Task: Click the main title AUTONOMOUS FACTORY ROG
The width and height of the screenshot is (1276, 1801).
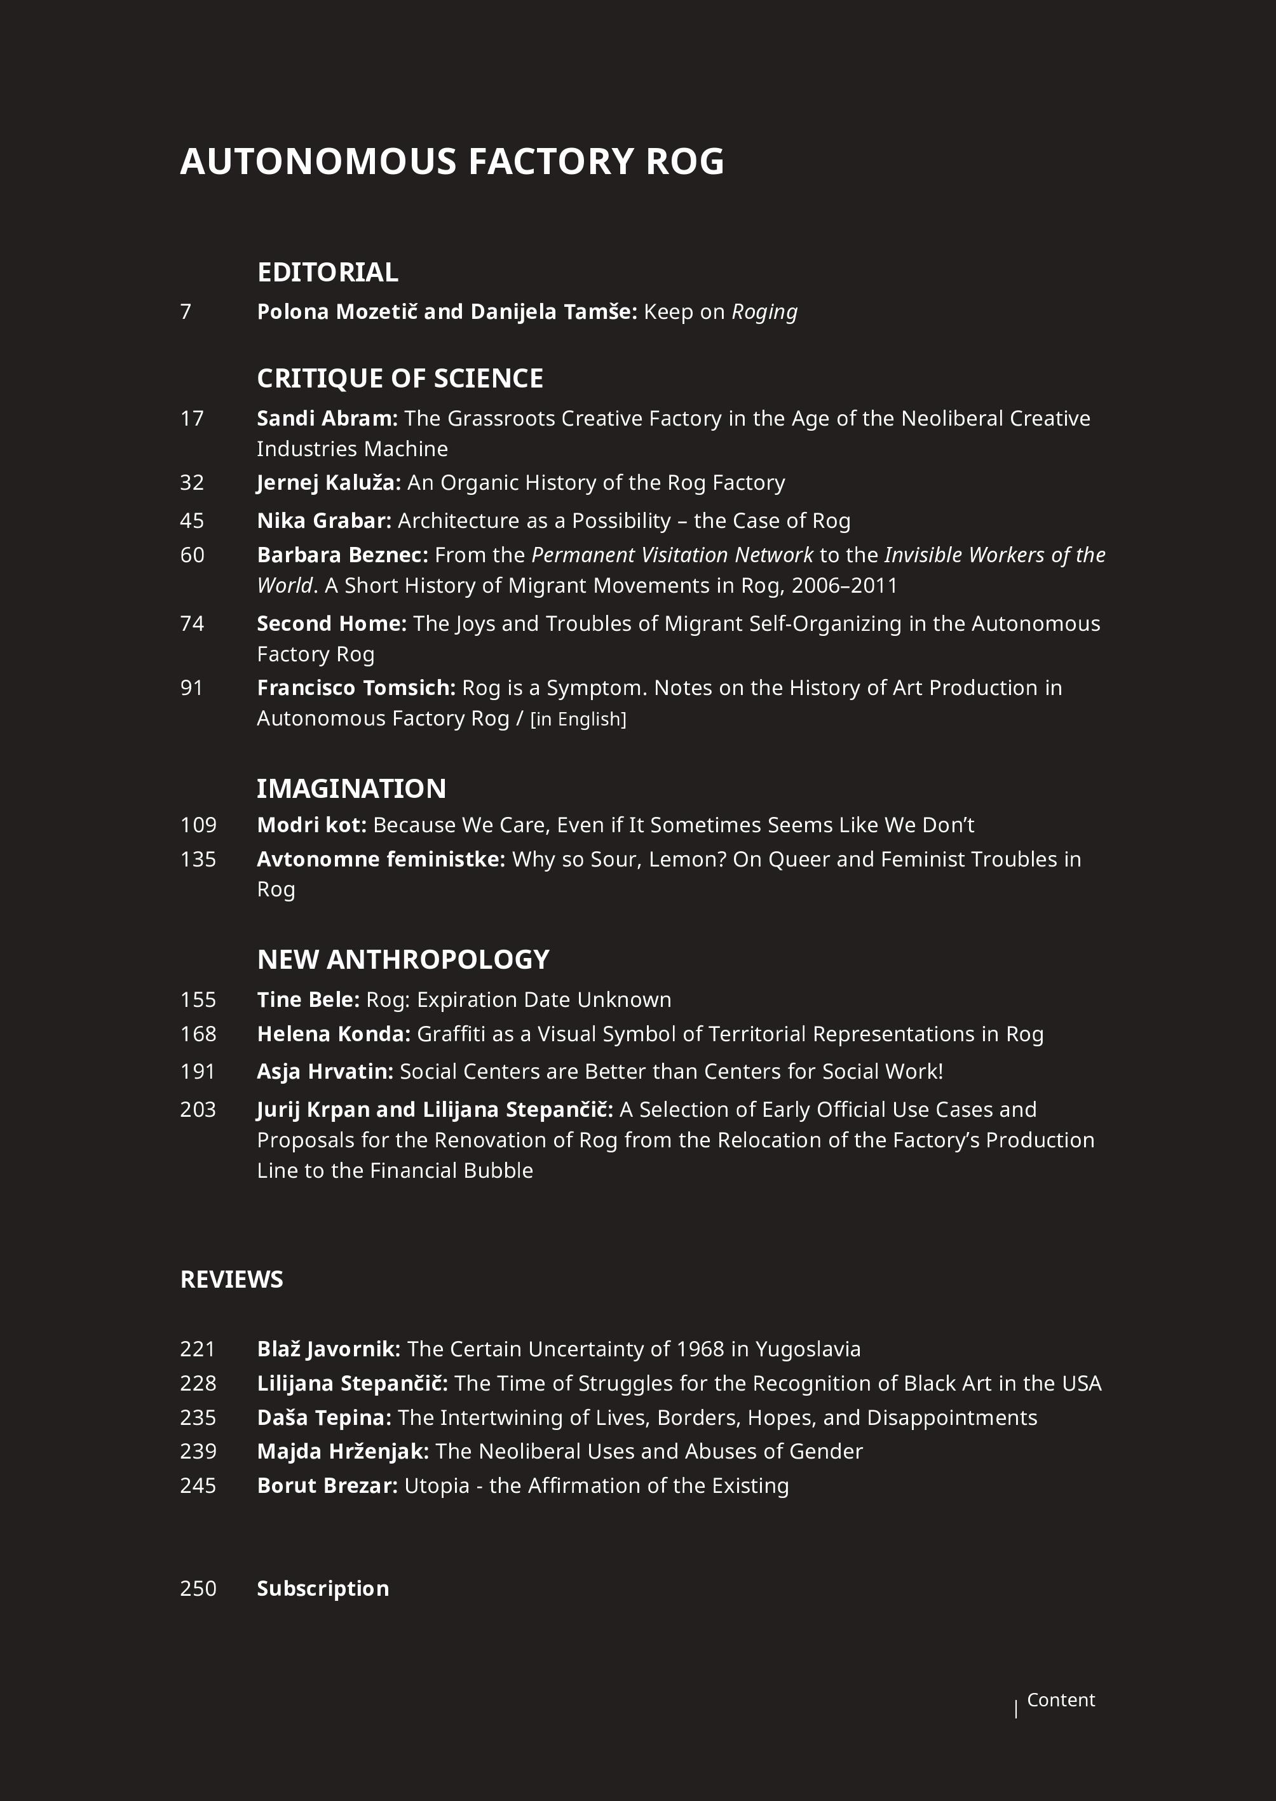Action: tap(452, 162)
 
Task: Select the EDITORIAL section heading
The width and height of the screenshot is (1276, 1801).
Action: tap(328, 273)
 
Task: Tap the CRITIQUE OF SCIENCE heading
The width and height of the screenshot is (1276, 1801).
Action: tap(400, 379)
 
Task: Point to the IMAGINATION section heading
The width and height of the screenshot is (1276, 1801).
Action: tap(351, 788)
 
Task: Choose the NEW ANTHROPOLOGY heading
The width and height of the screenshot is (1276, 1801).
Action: tap(403, 959)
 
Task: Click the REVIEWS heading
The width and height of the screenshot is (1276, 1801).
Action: tap(232, 1279)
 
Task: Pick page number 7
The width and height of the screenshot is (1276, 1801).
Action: tap(186, 312)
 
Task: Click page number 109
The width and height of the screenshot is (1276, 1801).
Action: tap(198, 825)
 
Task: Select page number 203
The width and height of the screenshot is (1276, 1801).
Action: tap(198, 1109)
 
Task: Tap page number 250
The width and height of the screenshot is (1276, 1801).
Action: tap(198, 1588)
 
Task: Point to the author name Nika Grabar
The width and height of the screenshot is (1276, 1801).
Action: tap(323, 521)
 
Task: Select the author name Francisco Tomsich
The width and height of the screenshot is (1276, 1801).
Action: tap(356, 688)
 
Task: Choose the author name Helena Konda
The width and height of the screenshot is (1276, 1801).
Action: tap(333, 1034)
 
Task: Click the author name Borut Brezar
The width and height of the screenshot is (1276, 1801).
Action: tap(327, 1485)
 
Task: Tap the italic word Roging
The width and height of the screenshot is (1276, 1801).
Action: tap(764, 313)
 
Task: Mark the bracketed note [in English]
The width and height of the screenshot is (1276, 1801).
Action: tap(578, 720)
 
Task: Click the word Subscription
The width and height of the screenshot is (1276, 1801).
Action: tap(323, 1588)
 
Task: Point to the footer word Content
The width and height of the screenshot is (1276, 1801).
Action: tap(1061, 1700)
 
